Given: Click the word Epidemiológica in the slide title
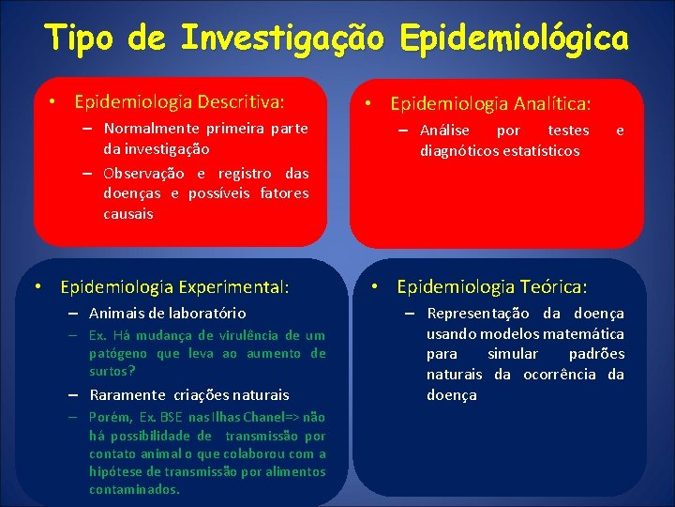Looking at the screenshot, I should click(x=514, y=38).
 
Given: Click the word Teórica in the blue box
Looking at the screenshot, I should click(x=553, y=286).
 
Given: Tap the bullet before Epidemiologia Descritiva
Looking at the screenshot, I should click(x=55, y=100).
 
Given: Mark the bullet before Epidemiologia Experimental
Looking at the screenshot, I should click(x=41, y=286).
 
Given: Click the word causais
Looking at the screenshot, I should click(x=128, y=214).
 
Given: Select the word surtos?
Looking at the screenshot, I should click(x=112, y=371).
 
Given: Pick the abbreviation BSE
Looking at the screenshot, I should click(x=172, y=417).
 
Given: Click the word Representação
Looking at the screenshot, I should click(x=478, y=314).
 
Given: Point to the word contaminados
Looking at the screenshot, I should click(x=135, y=489).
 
